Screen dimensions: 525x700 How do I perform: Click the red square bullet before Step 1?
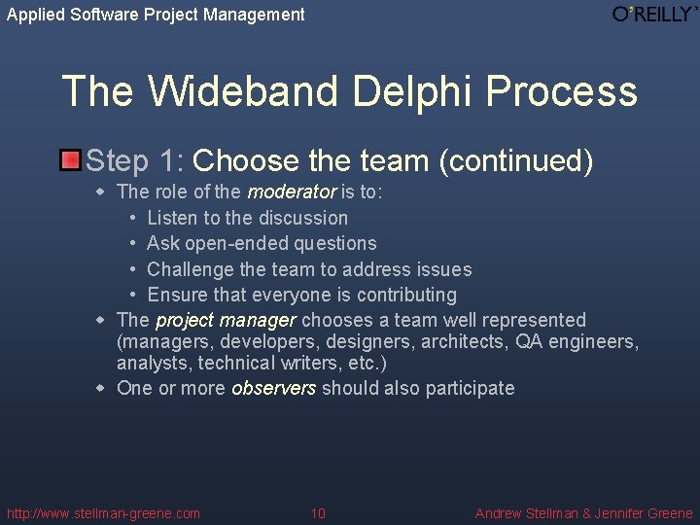70,160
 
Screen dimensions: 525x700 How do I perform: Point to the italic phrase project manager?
225,320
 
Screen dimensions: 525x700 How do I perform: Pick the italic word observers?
273,388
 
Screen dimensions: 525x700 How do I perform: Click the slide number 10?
318,513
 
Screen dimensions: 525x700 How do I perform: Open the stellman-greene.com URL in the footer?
103,513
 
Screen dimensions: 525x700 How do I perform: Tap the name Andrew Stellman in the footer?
526,513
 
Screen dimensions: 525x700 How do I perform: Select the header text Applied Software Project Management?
156,15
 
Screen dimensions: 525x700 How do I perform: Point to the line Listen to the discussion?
247,218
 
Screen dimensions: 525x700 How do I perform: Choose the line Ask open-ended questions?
262,243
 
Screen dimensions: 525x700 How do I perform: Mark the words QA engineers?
577,341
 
